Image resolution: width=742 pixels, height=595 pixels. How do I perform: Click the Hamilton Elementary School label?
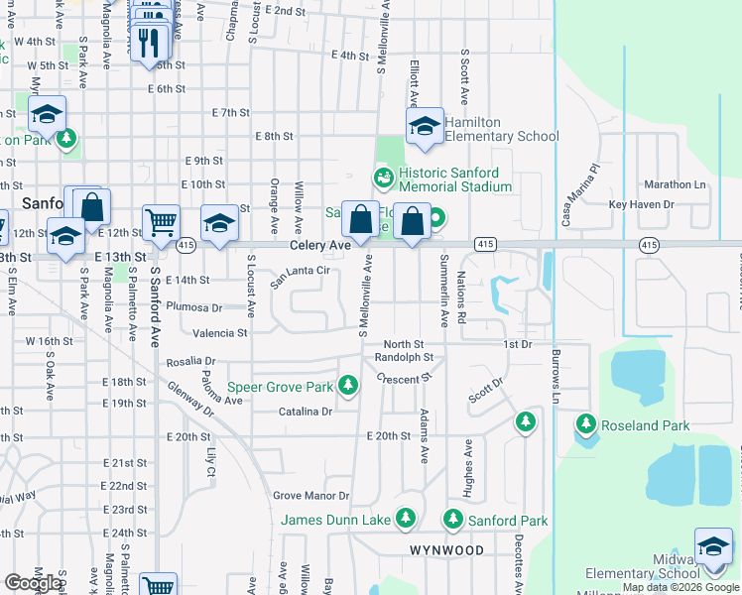click(x=501, y=129)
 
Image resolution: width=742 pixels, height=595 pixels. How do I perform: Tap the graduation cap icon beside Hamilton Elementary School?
click(x=425, y=127)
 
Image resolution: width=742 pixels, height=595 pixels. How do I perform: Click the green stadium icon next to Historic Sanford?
click(x=383, y=178)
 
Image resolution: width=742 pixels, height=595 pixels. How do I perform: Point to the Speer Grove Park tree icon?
click(x=347, y=385)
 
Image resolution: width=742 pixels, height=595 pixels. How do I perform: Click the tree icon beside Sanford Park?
click(x=453, y=519)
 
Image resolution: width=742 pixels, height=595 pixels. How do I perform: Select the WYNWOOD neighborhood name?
click(x=446, y=549)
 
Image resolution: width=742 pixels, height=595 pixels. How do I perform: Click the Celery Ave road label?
click(x=320, y=244)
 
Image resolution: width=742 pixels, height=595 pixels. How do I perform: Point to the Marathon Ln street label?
click(x=674, y=184)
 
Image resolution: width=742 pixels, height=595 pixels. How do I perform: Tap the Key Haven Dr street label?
click(x=641, y=204)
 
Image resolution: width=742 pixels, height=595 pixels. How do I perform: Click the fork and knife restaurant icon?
click(x=149, y=42)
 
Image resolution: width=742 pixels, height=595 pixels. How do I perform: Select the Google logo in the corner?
click(x=33, y=583)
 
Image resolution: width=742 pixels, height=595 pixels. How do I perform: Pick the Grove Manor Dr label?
click(x=311, y=495)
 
